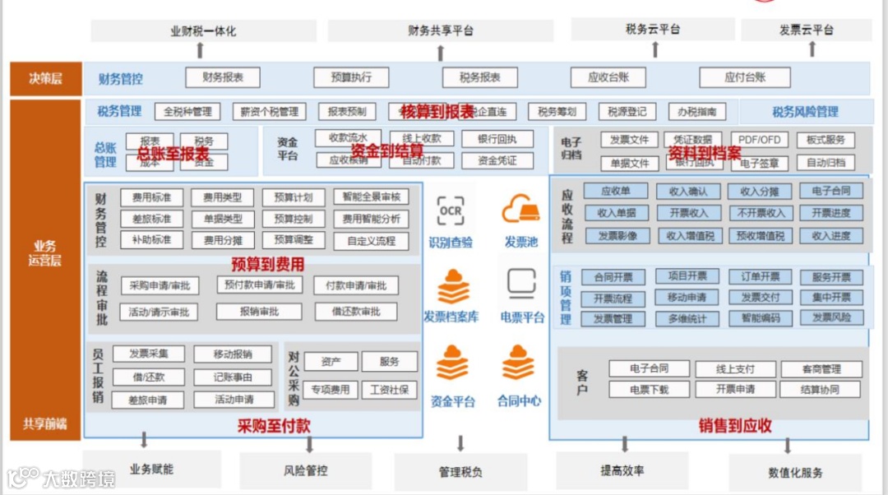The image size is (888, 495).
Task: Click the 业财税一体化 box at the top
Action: pyautogui.click(x=203, y=31)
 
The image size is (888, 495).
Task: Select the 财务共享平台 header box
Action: pyautogui.click(x=440, y=30)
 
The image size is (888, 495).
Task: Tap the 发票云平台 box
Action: pyautogui.click(x=806, y=30)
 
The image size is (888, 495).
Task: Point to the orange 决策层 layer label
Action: pyautogui.click(x=45, y=80)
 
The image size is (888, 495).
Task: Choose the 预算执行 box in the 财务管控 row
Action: pyautogui.click(x=351, y=77)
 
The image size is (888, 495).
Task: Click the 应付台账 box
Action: pyautogui.click(x=744, y=77)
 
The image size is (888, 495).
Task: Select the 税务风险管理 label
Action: pyautogui.click(x=804, y=112)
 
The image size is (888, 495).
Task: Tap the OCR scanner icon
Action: pyautogui.click(x=451, y=211)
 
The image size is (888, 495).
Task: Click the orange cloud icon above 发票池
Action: pyautogui.click(x=520, y=210)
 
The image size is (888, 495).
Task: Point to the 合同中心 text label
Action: pyautogui.click(x=519, y=401)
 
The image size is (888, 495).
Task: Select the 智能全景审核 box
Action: pyautogui.click(x=371, y=197)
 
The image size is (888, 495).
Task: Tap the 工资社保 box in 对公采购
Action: pyautogui.click(x=389, y=389)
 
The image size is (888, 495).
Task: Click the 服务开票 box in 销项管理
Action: pyautogui.click(x=831, y=277)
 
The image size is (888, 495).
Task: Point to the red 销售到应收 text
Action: pyautogui.click(x=735, y=425)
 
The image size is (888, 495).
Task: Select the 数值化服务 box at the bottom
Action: pyautogui.click(x=795, y=473)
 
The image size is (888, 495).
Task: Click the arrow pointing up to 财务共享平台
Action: pyautogui.click(x=440, y=53)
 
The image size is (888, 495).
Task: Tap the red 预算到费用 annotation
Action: pyautogui.click(x=268, y=264)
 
